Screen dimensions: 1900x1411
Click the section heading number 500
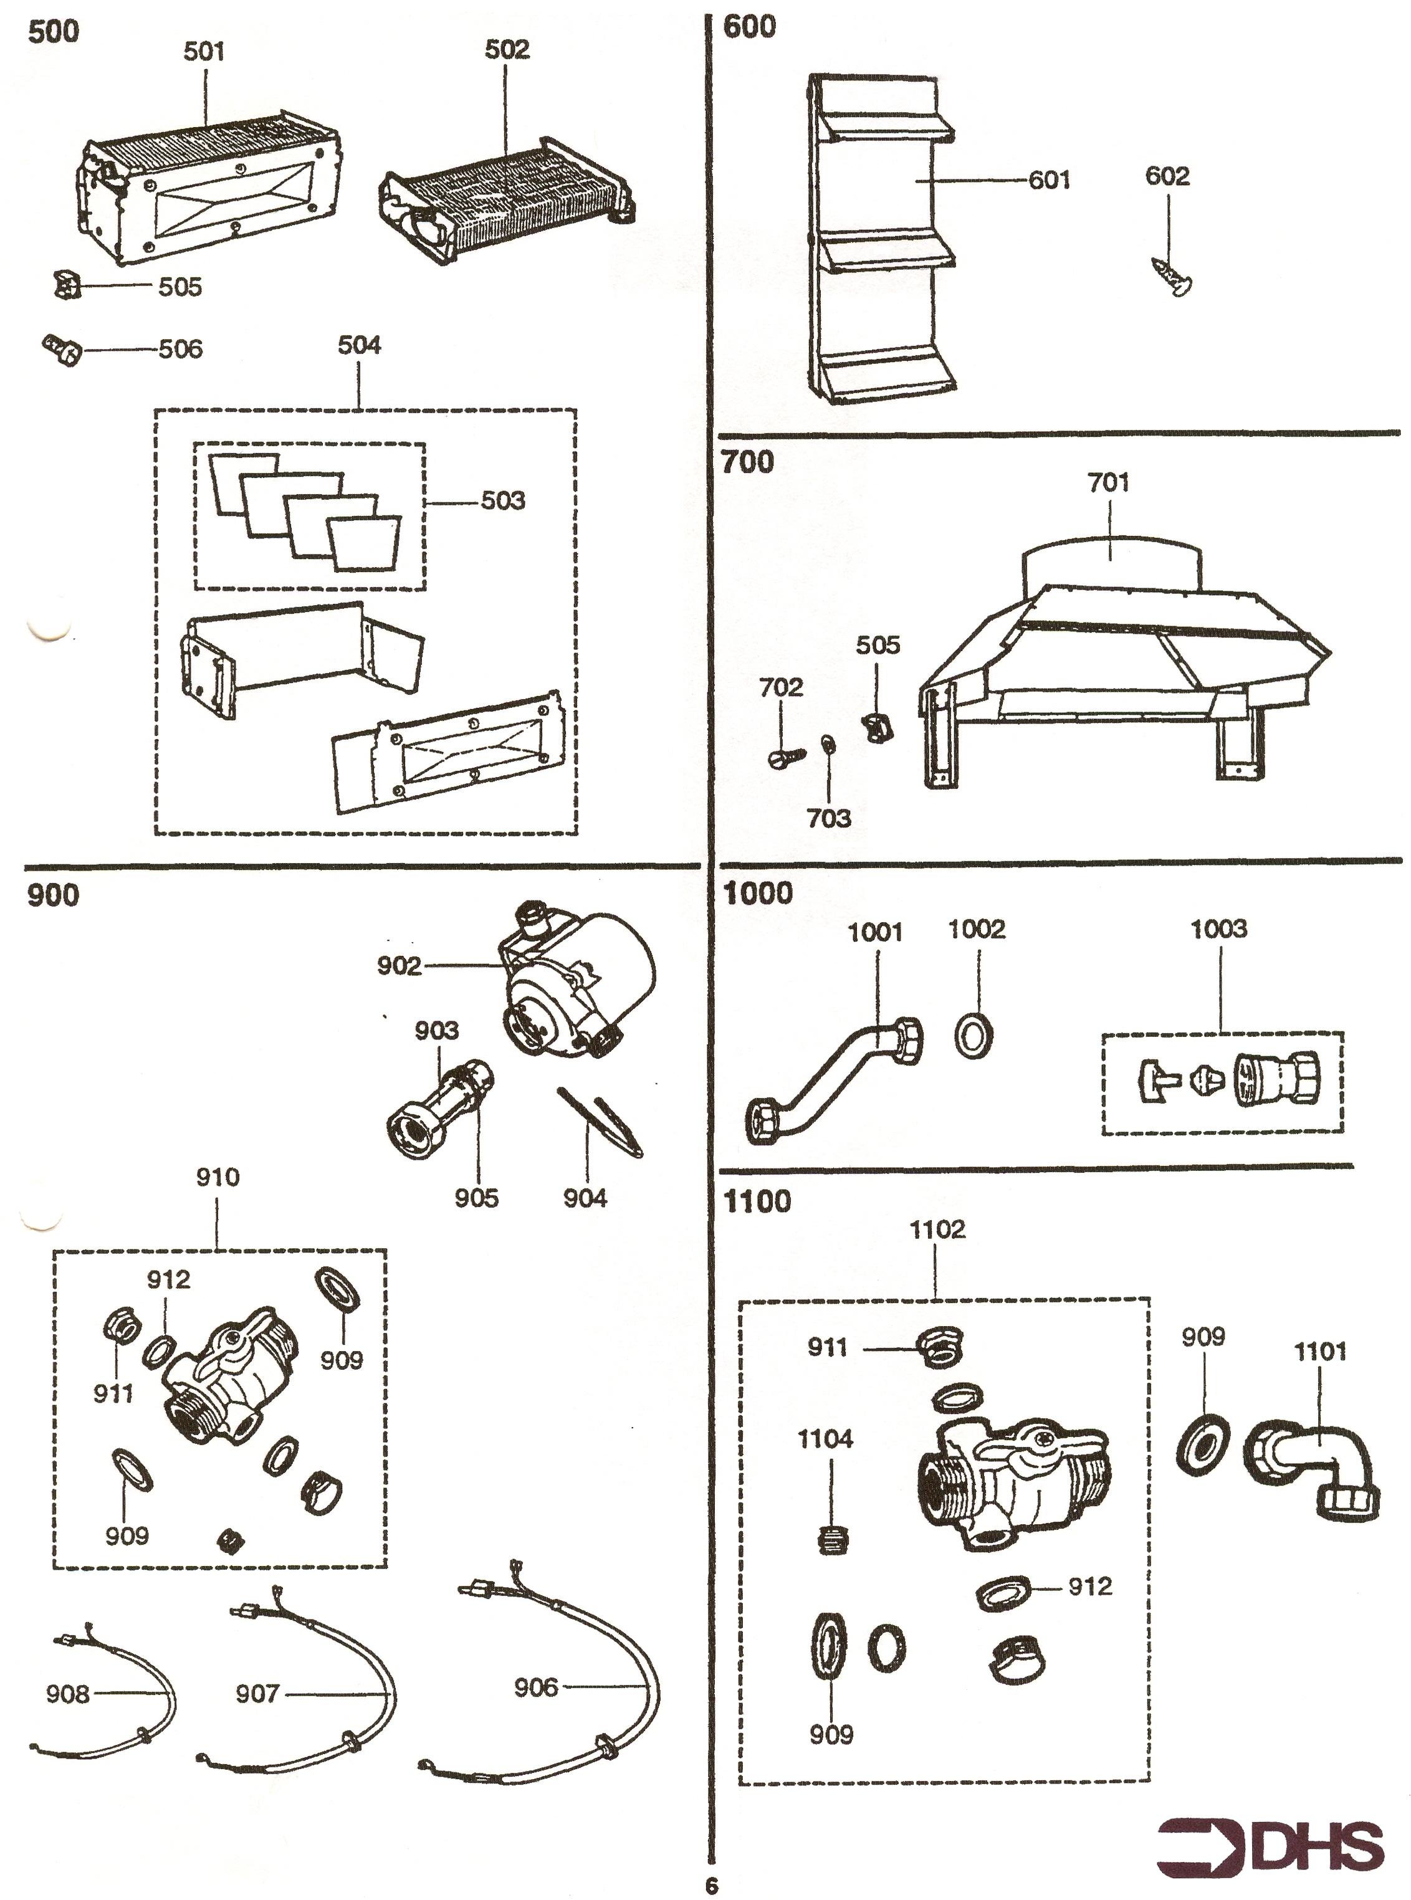pyautogui.click(x=53, y=32)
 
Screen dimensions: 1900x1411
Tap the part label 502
pyautogui.click(x=507, y=49)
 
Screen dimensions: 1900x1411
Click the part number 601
pyautogui.click(x=1049, y=180)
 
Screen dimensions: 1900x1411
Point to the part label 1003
pyautogui.click(x=1219, y=929)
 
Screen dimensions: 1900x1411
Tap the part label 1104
pyautogui.click(x=825, y=1439)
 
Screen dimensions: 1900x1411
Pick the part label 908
pyautogui.click(x=67, y=1693)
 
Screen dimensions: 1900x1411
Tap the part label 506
pyautogui.click(x=180, y=348)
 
